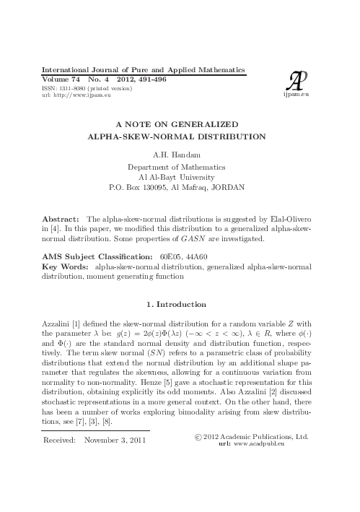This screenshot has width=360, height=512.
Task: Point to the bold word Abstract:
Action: (x=61, y=218)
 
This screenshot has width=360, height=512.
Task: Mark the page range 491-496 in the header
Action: (x=151, y=79)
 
